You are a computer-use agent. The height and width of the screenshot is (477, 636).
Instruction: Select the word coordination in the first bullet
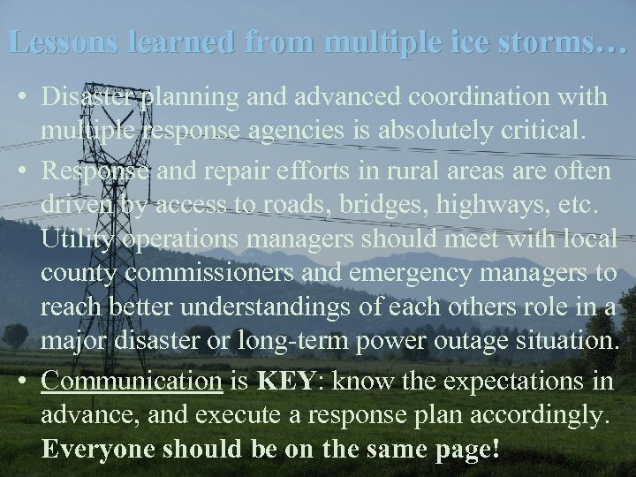[470, 96]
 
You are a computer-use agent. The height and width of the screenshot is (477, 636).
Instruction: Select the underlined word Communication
[131, 382]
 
